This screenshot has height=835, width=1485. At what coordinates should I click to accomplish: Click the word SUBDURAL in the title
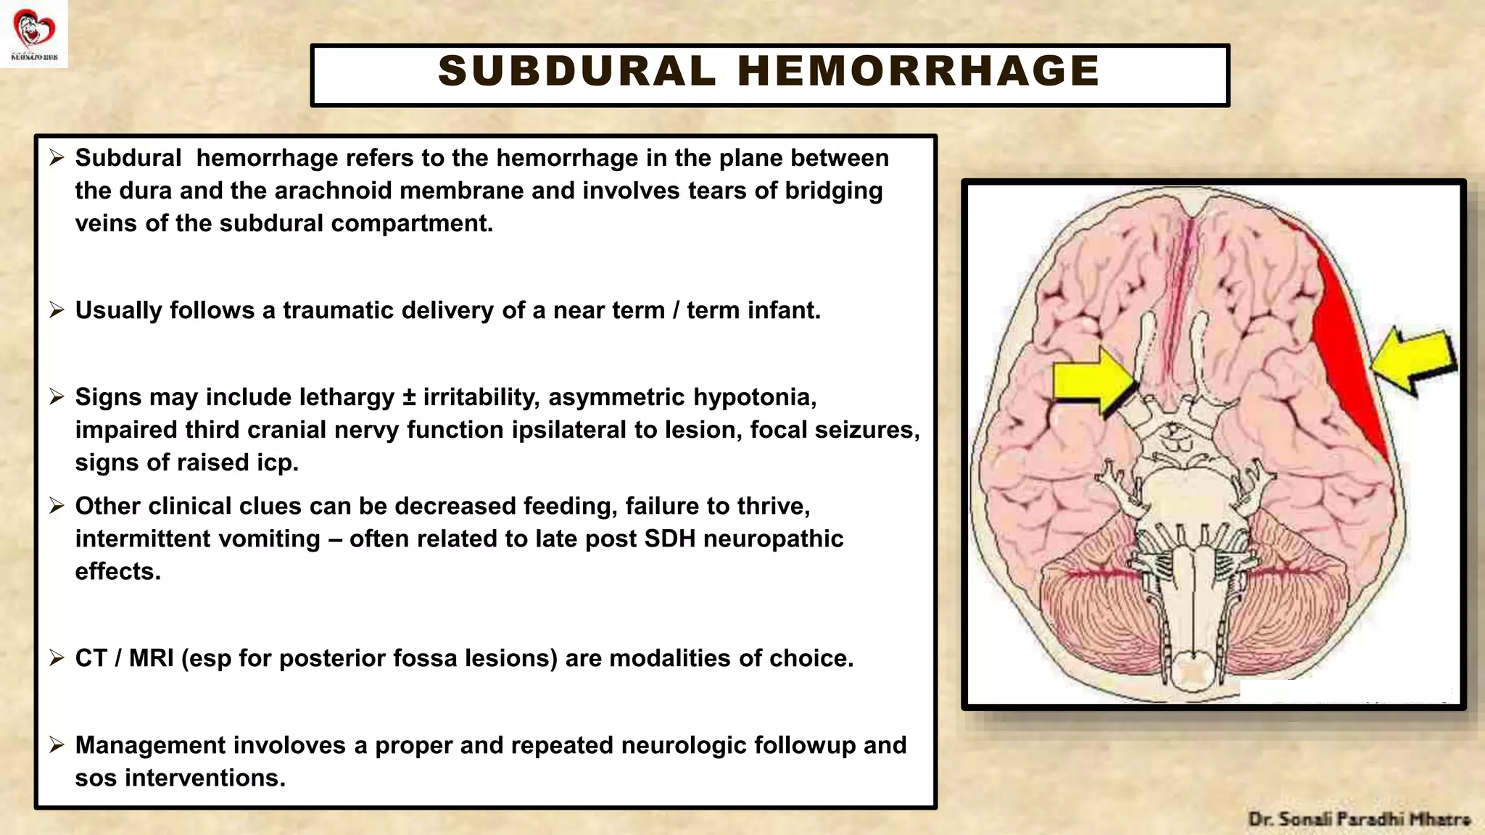[576, 71]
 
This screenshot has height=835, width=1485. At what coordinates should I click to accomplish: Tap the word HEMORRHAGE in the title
[919, 71]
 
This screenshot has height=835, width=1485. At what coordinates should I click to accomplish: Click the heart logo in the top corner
[34, 30]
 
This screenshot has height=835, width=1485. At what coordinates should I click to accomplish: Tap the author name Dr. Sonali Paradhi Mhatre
[1359, 820]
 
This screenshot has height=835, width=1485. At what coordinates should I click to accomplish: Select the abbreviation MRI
[151, 658]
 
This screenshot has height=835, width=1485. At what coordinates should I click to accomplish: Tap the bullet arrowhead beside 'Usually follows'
[57, 310]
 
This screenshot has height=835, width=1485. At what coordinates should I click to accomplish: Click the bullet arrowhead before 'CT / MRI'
[57, 658]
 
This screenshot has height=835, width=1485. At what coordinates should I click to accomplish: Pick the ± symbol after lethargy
[409, 397]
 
